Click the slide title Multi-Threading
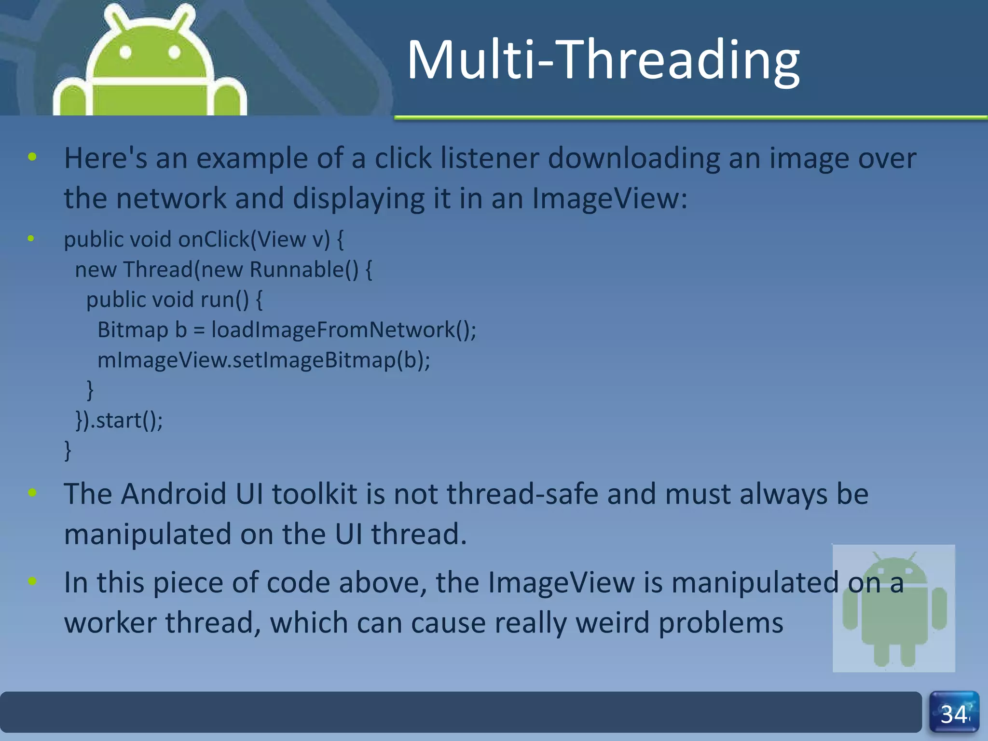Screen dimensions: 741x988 point(603,60)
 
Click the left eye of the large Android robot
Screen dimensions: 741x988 point(125,52)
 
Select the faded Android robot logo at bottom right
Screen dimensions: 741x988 point(894,608)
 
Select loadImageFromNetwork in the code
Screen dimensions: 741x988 point(333,330)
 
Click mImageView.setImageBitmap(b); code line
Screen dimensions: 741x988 point(263,360)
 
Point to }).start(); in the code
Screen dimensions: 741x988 point(119,420)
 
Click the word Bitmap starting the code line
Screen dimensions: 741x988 point(133,330)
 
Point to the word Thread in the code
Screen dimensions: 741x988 point(158,270)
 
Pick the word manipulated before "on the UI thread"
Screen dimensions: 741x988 point(148,535)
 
